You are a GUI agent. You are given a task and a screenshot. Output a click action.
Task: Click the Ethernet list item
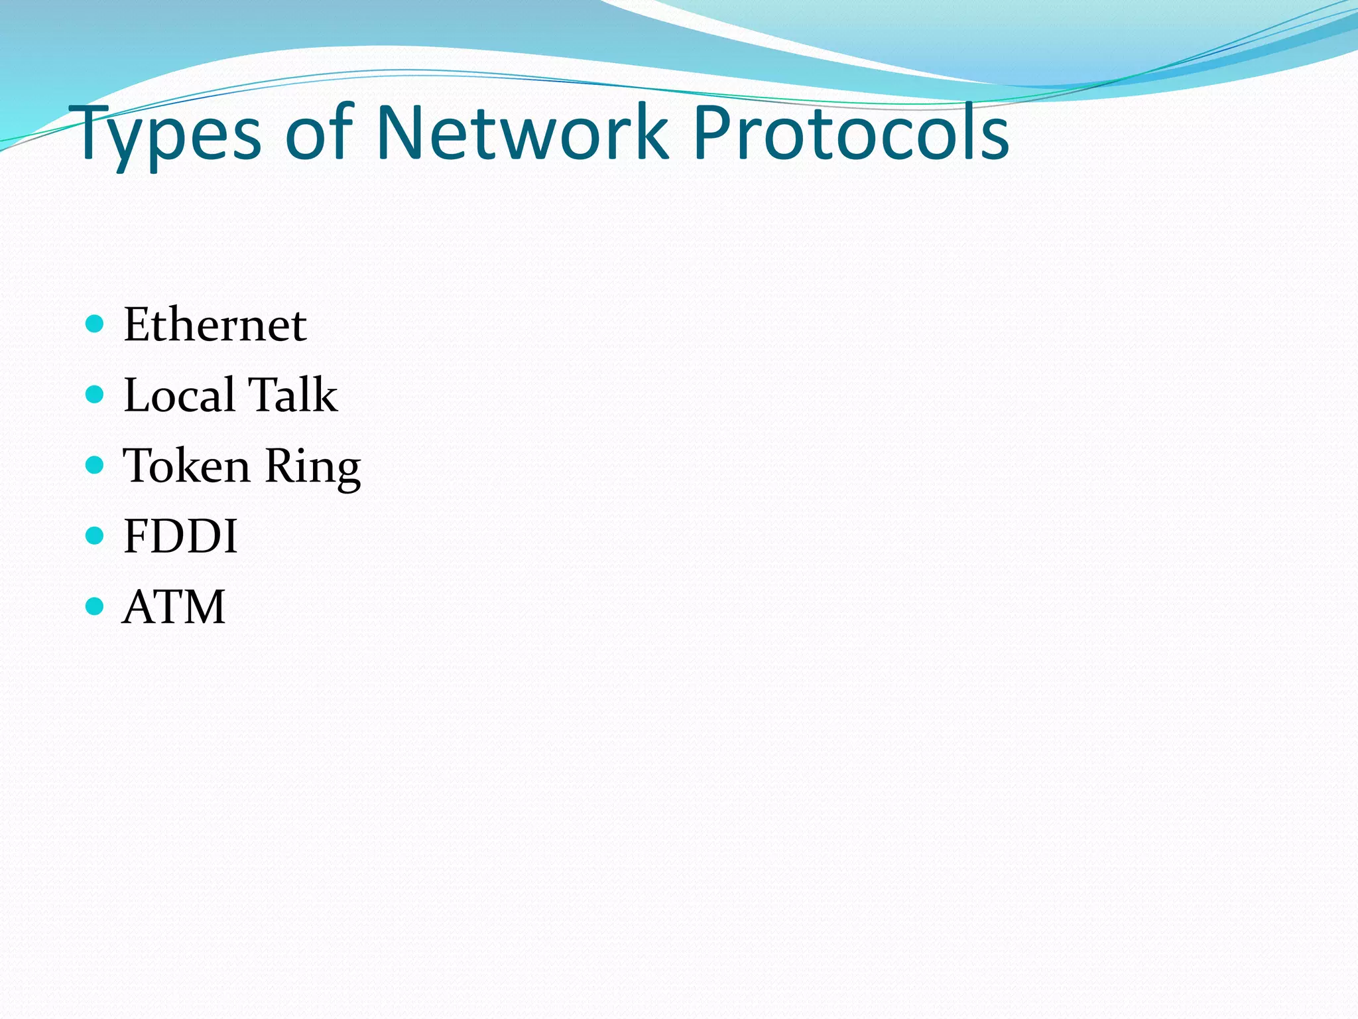tap(215, 325)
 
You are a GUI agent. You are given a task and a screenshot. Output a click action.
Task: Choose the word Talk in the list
tap(292, 395)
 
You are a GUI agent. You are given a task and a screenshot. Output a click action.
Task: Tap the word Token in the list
tap(187, 465)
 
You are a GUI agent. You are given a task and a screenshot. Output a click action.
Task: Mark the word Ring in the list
tap(312, 466)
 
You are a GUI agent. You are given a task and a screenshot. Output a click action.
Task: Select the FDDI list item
tap(180, 536)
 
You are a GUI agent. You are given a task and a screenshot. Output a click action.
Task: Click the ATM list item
tap(174, 607)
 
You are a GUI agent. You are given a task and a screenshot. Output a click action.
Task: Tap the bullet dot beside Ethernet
tap(95, 324)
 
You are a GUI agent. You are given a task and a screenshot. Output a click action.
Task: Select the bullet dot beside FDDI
tap(95, 535)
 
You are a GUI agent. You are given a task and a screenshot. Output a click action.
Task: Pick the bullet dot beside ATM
tap(95, 606)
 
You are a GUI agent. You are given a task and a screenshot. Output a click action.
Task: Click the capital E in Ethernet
tap(139, 325)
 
